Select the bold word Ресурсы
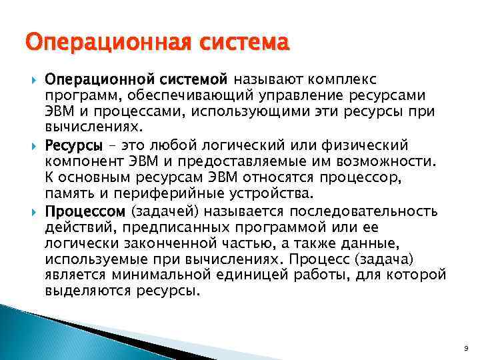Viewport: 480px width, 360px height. pyautogui.click(x=73, y=145)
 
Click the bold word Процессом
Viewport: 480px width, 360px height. pyautogui.click(x=85, y=212)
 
